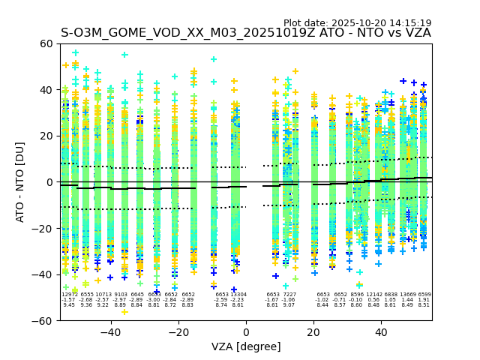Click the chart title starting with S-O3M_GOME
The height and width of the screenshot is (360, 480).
click(x=245, y=33)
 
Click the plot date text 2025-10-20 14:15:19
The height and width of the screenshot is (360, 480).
click(x=357, y=23)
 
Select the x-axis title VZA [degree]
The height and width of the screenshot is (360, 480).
click(x=246, y=346)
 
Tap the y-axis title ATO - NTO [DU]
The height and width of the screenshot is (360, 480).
click(x=20, y=182)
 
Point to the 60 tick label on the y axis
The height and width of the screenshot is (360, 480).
click(x=46, y=43)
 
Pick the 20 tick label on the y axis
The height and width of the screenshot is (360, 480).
click(x=46, y=136)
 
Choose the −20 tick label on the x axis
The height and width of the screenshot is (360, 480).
click(x=175, y=331)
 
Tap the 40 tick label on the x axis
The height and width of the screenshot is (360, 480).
click(x=381, y=331)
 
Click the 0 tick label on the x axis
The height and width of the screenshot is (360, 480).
click(x=246, y=331)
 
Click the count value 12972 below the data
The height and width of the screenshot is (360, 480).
click(x=69, y=295)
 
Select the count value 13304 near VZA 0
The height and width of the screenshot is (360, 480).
click(x=238, y=295)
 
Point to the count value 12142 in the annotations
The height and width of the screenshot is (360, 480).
click(x=373, y=295)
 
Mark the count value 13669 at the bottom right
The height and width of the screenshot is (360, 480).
click(x=407, y=295)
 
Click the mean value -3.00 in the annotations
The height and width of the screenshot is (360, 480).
click(x=154, y=300)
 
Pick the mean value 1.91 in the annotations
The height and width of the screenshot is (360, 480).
click(x=424, y=300)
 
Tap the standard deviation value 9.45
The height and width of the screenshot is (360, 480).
click(x=69, y=305)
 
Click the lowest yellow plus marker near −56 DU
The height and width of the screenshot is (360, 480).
click(x=124, y=311)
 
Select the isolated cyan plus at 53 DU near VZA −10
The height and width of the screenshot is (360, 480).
click(x=214, y=59)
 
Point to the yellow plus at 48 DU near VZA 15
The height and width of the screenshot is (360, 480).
click(x=295, y=72)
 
